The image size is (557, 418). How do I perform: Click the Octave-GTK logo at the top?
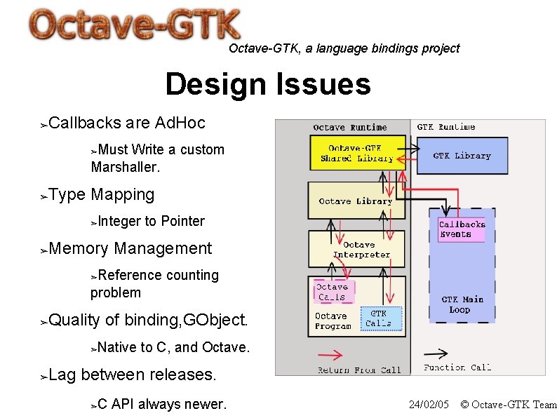point(135,26)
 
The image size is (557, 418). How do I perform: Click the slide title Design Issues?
point(267,85)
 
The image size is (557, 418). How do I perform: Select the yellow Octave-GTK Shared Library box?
point(357,153)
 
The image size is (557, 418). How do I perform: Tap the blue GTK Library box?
point(462,156)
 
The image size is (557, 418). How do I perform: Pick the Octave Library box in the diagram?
point(356,201)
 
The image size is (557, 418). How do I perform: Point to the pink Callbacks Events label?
point(461,229)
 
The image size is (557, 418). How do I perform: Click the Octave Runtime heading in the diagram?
point(349,128)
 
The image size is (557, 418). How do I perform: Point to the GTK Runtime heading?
point(445,127)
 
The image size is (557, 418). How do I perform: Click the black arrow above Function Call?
point(436,353)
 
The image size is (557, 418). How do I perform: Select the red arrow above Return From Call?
point(339,356)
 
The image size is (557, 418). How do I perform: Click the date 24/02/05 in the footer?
point(428,405)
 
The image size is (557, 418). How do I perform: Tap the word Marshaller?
point(126,168)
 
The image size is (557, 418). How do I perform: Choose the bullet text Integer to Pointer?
point(152,222)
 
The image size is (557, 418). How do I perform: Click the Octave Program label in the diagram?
point(332,321)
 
